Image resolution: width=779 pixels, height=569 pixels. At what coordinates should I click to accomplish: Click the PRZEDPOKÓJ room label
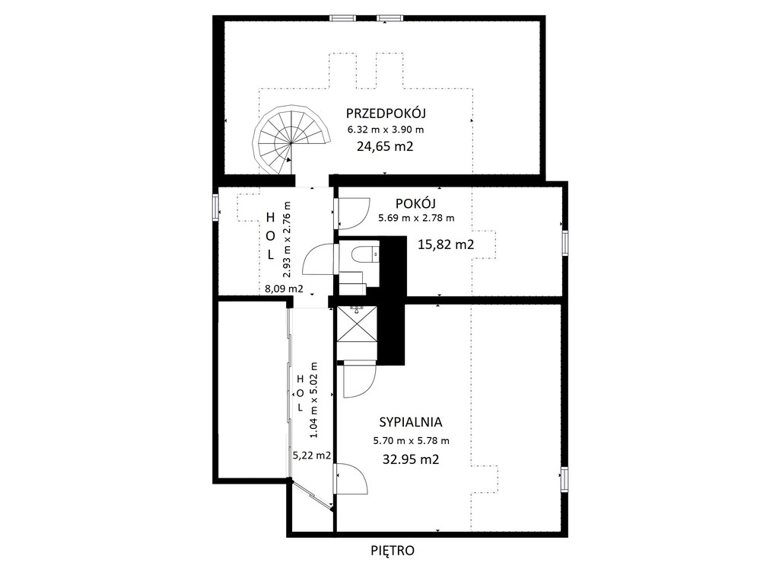pyautogui.click(x=386, y=113)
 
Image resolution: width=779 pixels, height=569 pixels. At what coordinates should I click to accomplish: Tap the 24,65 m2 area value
pyautogui.click(x=385, y=147)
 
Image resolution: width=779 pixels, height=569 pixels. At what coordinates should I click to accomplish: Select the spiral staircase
pyautogui.click(x=290, y=141)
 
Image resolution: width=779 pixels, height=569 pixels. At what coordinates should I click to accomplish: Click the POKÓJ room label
pyautogui.click(x=415, y=203)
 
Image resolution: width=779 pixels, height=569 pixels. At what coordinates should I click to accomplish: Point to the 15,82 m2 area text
pyautogui.click(x=445, y=245)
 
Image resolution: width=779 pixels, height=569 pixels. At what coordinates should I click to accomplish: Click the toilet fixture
pyautogui.click(x=364, y=255)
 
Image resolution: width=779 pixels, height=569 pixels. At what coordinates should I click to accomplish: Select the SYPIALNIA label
pyautogui.click(x=410, y=422)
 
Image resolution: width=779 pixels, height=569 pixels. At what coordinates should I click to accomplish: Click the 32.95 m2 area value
pyautogui.click(x=411, y=459)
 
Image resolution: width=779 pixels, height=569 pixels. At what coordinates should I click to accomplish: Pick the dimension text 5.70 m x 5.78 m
pyautogui.click(x=412, y=441)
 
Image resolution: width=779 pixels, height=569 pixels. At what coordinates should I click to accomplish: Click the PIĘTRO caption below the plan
pyautogui.click(x=393, y=551)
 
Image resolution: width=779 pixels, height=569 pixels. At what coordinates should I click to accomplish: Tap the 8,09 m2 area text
pyautogui.click(x=284, y=288)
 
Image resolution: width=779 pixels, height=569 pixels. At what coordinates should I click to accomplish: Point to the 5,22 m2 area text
pyautogui.click(x=311, y=455)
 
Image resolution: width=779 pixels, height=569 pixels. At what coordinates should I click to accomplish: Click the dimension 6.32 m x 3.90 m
pyautogui.click(x=386, y=129)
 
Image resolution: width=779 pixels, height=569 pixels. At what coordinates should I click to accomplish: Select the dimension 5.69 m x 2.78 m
pyautogui.click(x=416, y=218)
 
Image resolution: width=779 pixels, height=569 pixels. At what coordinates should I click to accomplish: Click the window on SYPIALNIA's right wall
pyautogui.click(x=564, y=479)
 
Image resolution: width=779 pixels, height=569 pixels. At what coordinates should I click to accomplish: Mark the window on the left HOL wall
pyautogui.click(x=215, y=207)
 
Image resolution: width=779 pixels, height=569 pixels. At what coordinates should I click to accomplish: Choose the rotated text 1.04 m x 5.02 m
pyautogui.click(x=313, y=400)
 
